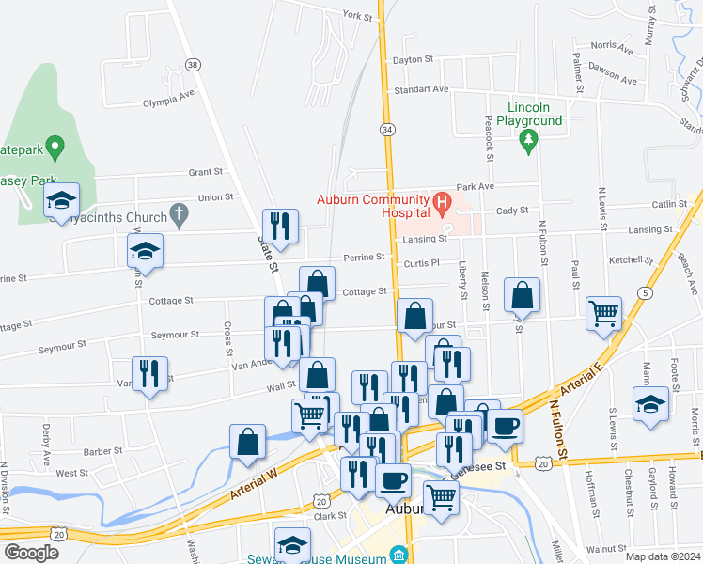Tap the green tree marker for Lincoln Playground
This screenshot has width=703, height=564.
pos(528,142)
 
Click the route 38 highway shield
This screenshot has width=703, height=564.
pos(193,65)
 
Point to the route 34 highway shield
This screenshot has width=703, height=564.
pos(387,128)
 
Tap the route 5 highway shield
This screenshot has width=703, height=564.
pos(644,293)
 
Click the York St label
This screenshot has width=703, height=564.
pos(357,15)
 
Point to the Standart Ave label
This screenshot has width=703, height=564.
pos(422,89)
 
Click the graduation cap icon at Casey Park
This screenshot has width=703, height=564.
pos(62,199)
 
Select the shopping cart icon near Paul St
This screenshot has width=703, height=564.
pos(603,314)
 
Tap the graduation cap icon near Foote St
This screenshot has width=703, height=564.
pos(650,403)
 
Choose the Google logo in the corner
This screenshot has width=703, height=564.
pos(31,552)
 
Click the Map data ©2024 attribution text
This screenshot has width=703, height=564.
pos(664,556)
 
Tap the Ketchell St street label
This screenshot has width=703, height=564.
pos(631,259)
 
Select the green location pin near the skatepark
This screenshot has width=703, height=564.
pos(55,147)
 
